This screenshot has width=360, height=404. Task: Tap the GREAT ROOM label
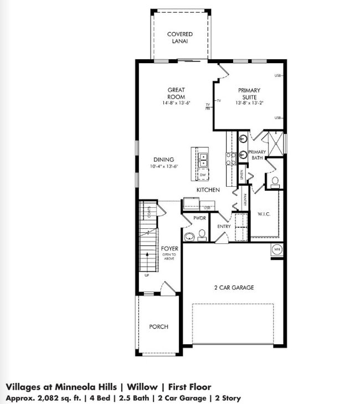pos(176,94)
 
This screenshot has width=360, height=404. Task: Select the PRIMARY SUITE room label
pos(249,94)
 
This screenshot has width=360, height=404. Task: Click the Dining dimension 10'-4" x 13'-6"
pos(163,167)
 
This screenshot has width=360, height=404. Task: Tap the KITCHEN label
pos(208,190)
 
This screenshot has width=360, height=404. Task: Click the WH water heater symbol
pos(277,250)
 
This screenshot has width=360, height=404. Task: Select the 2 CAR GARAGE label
pos(234,288)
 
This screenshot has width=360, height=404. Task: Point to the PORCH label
pos(158,327)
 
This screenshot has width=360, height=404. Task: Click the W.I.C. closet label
pos(264,214)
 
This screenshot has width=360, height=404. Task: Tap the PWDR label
pos(199,218)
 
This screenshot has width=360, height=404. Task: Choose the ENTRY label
pos(224,226)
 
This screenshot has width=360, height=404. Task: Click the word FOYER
pos(169,249)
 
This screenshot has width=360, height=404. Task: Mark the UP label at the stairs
pos(147,275)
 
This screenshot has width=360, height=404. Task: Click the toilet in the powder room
pos(202,237)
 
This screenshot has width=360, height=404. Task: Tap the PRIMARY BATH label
pos(257,155)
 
